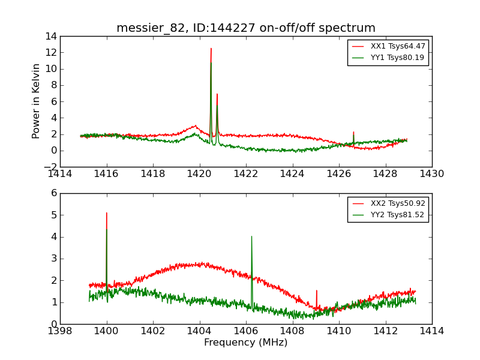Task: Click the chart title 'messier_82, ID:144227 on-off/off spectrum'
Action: pos(246,28)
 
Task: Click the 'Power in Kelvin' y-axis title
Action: pos(37,101)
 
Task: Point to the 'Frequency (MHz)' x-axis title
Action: pos(246,343)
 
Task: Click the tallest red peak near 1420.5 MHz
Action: pos(211,49)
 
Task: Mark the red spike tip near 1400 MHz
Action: pos(107,213)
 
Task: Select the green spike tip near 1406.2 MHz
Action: pos(251,236)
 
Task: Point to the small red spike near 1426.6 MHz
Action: pos(353,132)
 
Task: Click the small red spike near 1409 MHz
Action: pos(316,291)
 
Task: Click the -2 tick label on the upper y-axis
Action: pos(50,167)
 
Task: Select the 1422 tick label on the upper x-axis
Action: pos(246,174)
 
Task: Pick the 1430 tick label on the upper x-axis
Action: pos(431,174)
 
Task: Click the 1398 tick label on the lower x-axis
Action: pos(60,331)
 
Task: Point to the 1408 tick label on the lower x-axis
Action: pos(292,331)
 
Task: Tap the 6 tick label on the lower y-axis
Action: pos(53,193)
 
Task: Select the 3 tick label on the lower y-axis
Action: pos(53,259)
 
